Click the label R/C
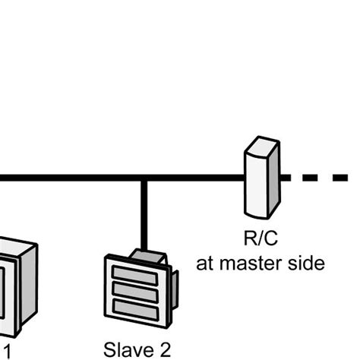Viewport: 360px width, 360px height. point(261,240)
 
